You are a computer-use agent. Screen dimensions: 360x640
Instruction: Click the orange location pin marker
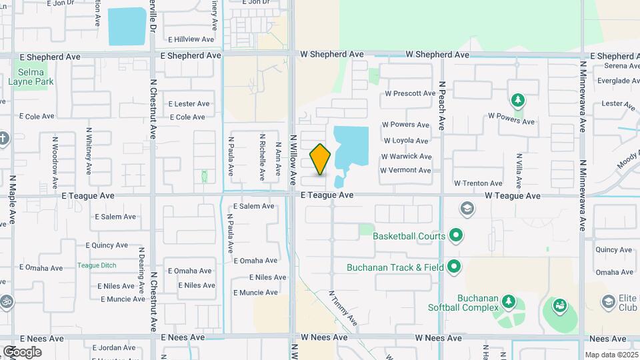point(321,159)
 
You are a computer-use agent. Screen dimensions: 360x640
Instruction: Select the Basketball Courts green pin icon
point(456,235)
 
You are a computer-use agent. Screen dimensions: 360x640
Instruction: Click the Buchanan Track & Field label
point(395,268)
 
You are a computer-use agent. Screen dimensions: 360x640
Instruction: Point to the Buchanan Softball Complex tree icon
point(509,301)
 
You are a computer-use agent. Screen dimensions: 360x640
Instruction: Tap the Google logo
point(22,352)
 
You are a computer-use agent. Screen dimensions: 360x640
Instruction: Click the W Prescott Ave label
point(410,93)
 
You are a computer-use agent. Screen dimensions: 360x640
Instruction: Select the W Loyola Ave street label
point(406,141)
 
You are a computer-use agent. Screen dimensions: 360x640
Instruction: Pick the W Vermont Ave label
point(405,170)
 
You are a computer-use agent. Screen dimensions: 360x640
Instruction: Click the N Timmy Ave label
point(343,309)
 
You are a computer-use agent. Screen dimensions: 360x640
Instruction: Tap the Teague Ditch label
point(97,265)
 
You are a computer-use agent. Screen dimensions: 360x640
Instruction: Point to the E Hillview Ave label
point(191,39)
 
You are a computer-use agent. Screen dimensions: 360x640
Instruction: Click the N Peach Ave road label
point(441,106)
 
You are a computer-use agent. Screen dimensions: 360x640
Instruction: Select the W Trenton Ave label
point(478,183)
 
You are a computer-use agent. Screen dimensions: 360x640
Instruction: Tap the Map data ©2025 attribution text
point(611,355)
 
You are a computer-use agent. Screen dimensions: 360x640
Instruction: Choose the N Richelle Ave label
point(262,157)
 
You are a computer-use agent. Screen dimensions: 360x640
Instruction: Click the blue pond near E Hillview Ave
point(127,27)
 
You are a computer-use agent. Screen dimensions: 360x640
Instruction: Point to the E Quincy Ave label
point(110,245)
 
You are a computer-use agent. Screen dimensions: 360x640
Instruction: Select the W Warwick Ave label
point(406,156)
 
